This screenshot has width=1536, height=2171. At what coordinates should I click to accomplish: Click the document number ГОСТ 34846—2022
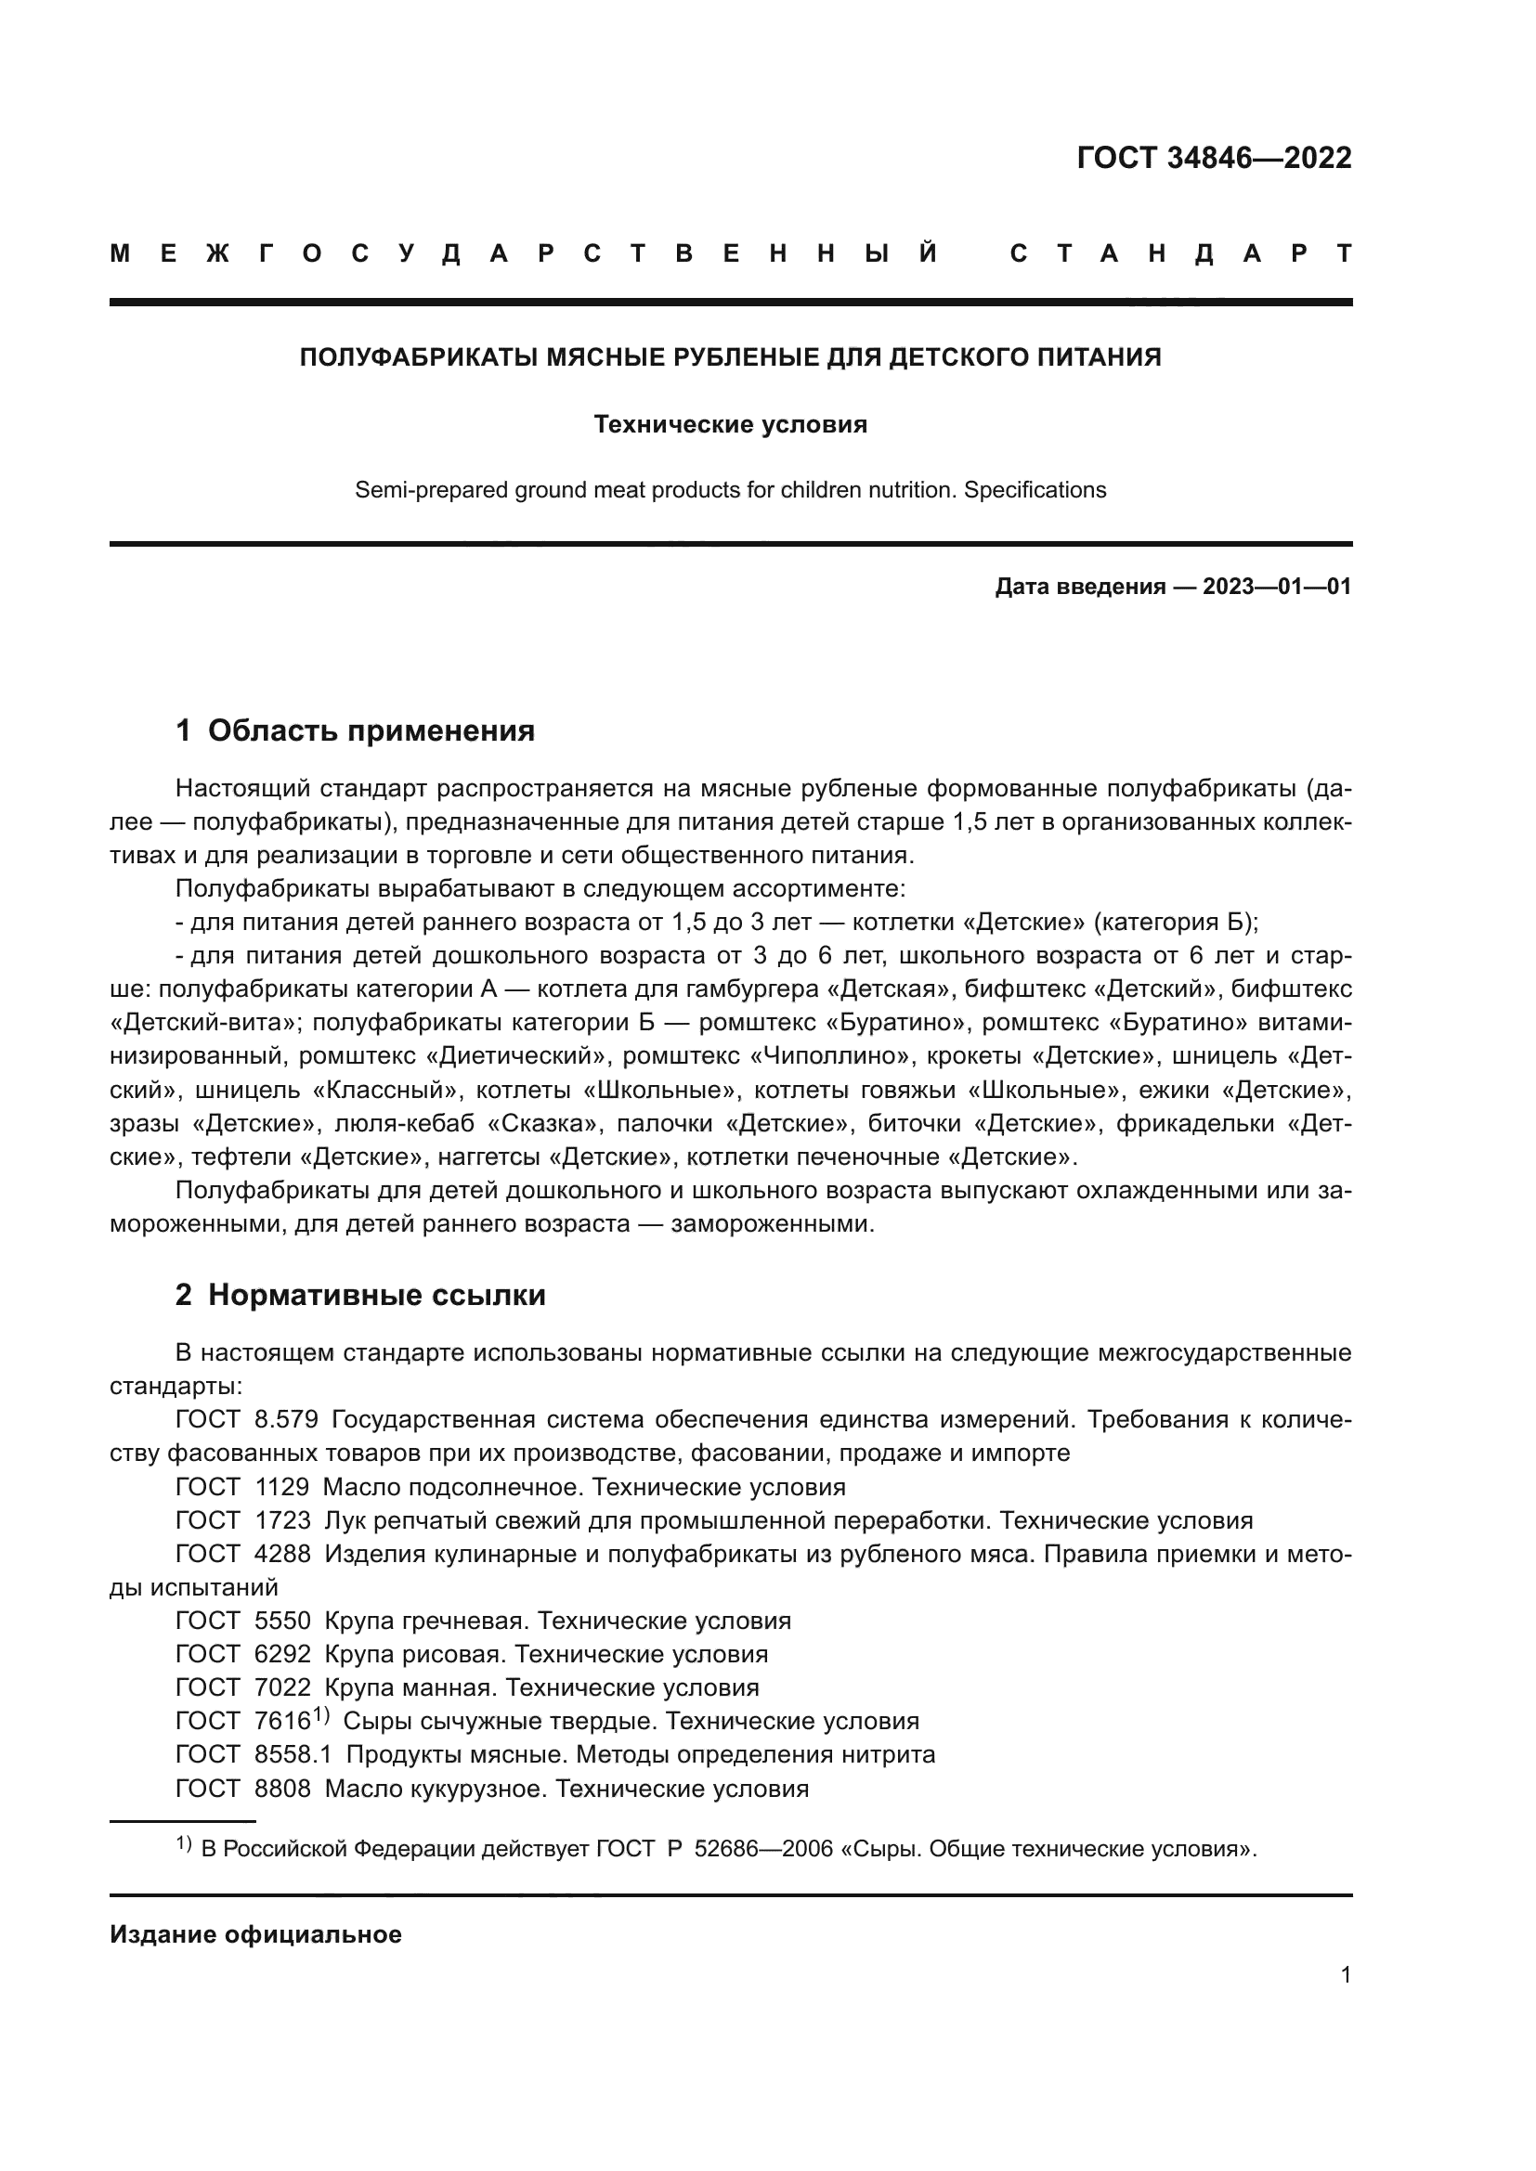1214,158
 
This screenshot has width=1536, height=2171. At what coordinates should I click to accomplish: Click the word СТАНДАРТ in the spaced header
1180,253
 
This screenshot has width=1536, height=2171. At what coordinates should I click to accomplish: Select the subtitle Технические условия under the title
730,424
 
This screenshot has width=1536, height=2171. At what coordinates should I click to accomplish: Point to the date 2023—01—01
1277,587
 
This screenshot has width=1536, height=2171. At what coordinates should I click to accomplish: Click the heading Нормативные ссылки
376,1295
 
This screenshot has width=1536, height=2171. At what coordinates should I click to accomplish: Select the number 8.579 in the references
287,1419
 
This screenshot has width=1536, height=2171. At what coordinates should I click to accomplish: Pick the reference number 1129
282,1486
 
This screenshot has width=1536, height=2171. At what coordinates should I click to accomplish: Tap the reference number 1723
283,1520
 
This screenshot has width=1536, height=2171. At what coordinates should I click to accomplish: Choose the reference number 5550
283,1621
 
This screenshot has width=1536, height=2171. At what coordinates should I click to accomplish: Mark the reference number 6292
283,1654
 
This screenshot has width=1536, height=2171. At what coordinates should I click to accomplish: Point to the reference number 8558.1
293,1754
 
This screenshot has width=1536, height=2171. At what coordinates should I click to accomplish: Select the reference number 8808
283,1788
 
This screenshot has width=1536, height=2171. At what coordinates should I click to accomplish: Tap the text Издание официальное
255,1934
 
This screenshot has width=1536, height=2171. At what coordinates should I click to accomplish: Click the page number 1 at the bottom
1346,1974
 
